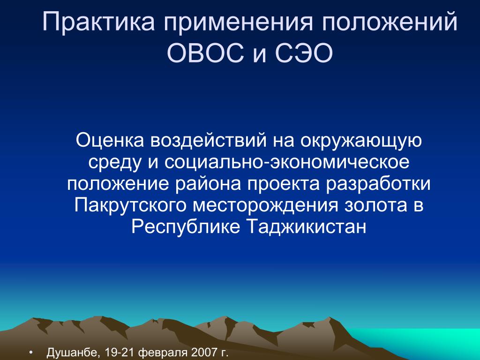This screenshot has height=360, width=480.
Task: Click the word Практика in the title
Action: coord(98,22)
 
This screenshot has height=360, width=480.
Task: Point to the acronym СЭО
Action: coord(304,53)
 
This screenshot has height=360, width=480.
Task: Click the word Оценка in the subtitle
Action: coord(110,140)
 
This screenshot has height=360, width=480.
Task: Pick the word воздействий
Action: coord(208,141)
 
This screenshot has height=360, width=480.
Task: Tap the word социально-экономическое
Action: coord(287,162)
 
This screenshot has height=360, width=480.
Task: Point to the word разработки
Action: coord(378,184)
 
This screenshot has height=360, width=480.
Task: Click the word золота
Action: coord(376,206)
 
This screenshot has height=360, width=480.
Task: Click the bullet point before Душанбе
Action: coord(30,352)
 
